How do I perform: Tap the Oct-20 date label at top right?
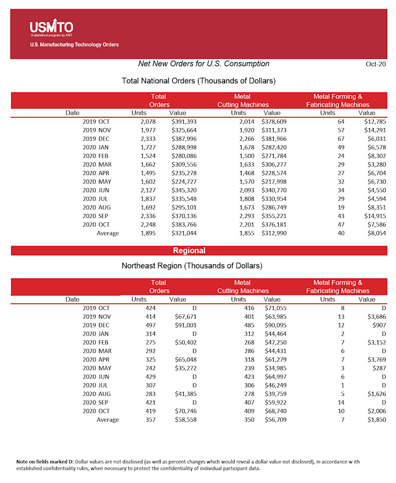pyautogui.click(x=376, y=64)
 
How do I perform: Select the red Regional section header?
pyautogui.click(x=189, y=251)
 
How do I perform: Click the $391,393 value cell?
pyautogui.click(x=184, y=121)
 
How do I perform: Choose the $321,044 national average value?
pyautogui.click(x=184, y=233)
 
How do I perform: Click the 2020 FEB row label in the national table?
pyautogui.click(x=96, y=156)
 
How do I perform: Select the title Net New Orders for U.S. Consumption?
pyautogui.click(x=203, y=64)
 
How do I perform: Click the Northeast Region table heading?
pyautogui.click(x=192, y=266)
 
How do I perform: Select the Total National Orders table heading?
pyautogui.click(x=198, y=81)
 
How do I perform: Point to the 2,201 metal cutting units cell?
pyautogui.click(x=239, y=224)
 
